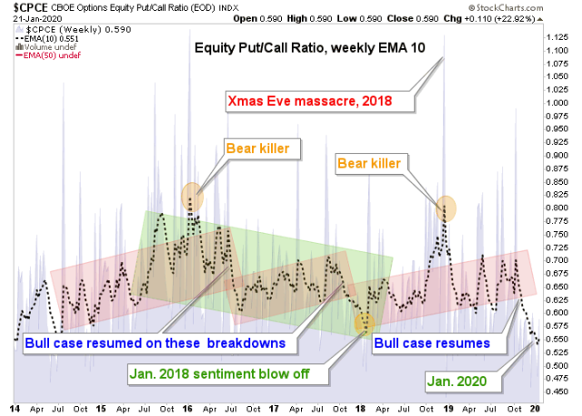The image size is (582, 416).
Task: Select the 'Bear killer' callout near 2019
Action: pos(374,165)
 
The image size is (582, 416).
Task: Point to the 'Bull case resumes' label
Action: pos(432,343)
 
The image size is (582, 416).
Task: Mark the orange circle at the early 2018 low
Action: pos(365,321)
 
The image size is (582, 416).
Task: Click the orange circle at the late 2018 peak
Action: pos(447,210)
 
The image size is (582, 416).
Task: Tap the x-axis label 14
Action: pos(16,409)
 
